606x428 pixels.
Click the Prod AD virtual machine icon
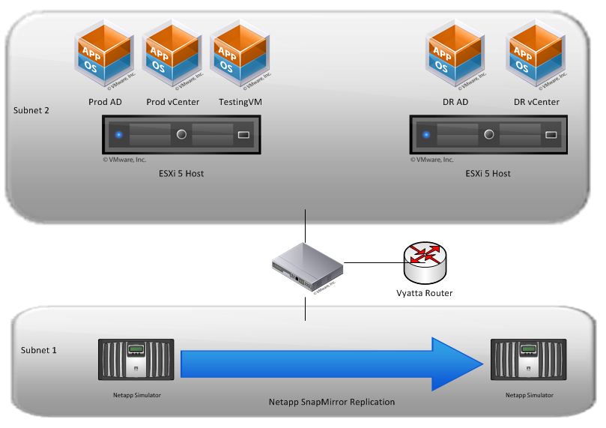point(104,54)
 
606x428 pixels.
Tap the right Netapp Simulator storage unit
point(529,362)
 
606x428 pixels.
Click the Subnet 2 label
point(31,111)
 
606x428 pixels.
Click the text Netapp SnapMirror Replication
point(331,403)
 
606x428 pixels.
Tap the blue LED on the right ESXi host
point(427,135)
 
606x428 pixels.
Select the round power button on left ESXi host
point(181,135)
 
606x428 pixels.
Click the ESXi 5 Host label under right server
point(488,173)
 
